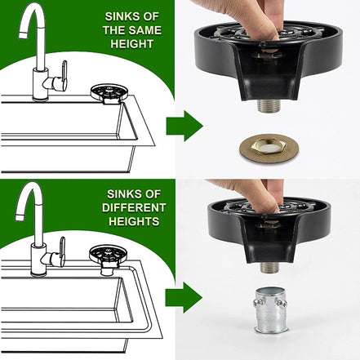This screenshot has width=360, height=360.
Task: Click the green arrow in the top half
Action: pyautogui.click(x=184, y=126)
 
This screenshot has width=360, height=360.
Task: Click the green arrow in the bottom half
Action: pyautogui.click(x=184, y=296)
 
